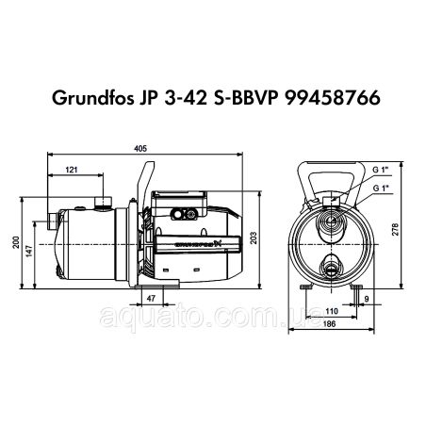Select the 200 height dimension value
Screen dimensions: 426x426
point(13,242)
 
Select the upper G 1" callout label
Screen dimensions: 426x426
point(381,167)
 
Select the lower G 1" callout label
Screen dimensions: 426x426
point(381,188)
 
